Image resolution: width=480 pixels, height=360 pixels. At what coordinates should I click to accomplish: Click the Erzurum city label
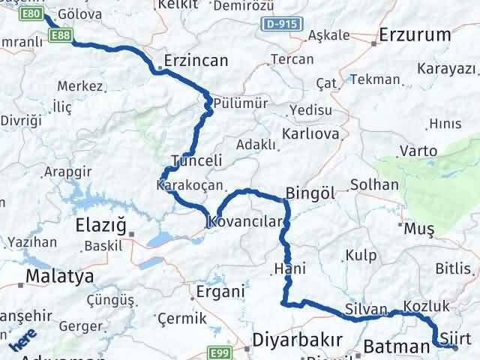pos(415,34)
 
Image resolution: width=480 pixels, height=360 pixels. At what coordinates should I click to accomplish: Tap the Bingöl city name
pos(310,192)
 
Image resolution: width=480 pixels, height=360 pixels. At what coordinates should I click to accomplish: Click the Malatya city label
pos(59,277)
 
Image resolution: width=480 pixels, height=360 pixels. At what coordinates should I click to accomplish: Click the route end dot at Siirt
pos(455,346)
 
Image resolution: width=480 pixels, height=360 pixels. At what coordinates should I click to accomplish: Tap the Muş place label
pos(414,228)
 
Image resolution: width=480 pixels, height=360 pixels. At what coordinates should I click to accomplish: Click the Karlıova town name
pos(310,135)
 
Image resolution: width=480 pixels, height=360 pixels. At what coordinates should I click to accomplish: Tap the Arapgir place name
pos(68,171)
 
